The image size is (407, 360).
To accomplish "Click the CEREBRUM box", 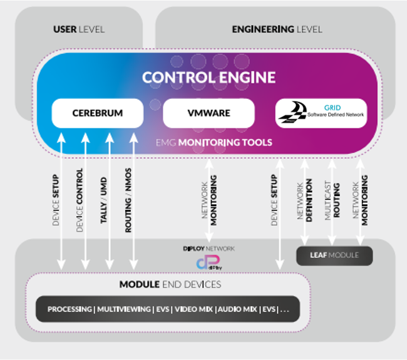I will point(98,113).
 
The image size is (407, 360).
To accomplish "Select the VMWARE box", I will point(209,113).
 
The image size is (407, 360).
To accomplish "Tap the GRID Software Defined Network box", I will point(321,113).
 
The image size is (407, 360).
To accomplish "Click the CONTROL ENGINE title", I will point(209,78).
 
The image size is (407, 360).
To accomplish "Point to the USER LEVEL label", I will point(79,29).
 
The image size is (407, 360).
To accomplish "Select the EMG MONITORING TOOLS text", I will point(214,143).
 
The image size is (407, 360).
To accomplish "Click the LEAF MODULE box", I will point(334,255).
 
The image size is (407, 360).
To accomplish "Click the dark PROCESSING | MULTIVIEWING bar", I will point(167,309).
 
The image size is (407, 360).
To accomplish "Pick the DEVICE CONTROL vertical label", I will point(80,200).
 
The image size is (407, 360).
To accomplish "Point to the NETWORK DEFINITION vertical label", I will point(304,200).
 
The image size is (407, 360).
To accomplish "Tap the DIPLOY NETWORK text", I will point(209,249).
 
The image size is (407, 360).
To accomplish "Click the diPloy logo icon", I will point(209,263).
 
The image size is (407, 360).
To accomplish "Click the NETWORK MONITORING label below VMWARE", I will point(209,200).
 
